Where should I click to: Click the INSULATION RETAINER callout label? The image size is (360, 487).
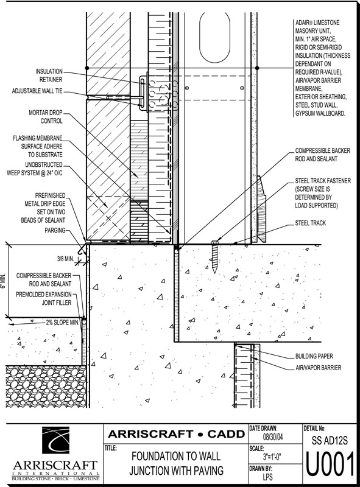coord(49,75)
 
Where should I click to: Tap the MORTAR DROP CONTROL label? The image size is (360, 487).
coord(46,117)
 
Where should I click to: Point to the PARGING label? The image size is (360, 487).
coord(55,230)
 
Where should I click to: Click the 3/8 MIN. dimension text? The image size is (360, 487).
coord(65,258)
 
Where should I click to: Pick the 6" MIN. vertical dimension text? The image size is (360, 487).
coord(3,281)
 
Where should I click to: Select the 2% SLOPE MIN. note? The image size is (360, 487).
coord(63,323)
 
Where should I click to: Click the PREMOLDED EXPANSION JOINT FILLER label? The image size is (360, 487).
coord(44,298)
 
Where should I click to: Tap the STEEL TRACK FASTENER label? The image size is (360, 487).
coord(323,193)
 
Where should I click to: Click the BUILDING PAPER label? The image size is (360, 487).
coord(314,356)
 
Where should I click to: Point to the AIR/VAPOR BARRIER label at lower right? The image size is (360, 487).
coord(318,368)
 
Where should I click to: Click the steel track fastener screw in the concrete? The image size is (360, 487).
coord(214,256)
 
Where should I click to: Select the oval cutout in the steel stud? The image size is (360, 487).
coord(215,37)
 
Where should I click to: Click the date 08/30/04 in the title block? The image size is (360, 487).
coord(273,437)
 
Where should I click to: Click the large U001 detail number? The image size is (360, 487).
coord(331,464)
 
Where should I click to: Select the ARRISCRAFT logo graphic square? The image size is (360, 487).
coord(55,440)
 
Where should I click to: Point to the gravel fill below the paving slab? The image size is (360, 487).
coord(46,386)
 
